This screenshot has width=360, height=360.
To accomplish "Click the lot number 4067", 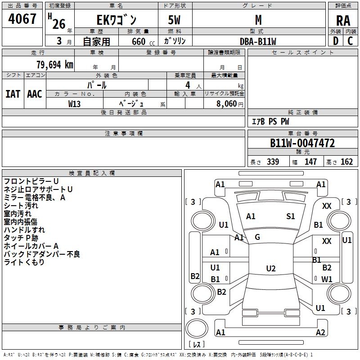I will [22, 19].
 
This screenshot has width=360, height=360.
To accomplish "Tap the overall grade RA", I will [343, 20].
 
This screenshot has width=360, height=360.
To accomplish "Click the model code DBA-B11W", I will [258, 41].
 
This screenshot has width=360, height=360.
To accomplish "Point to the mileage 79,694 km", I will [52, 64].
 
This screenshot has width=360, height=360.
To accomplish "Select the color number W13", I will [75, 103].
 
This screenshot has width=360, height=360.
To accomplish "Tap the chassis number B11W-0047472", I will [302, 144].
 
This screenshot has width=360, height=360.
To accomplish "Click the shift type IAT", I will [13, 94].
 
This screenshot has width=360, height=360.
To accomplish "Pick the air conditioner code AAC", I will [34, 94].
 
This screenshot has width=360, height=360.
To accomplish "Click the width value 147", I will [310, 162].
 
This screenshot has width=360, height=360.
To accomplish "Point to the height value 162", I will [346, 162].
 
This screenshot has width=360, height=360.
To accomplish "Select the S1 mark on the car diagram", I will [291, 216].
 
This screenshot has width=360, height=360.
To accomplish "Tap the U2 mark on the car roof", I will [270, 269].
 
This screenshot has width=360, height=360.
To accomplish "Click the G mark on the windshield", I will [257, 237].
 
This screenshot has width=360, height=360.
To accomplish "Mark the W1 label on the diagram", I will [327, 279].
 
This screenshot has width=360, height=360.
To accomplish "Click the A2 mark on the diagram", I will [320, 333].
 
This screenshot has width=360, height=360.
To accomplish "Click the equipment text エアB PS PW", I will [270, 122].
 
